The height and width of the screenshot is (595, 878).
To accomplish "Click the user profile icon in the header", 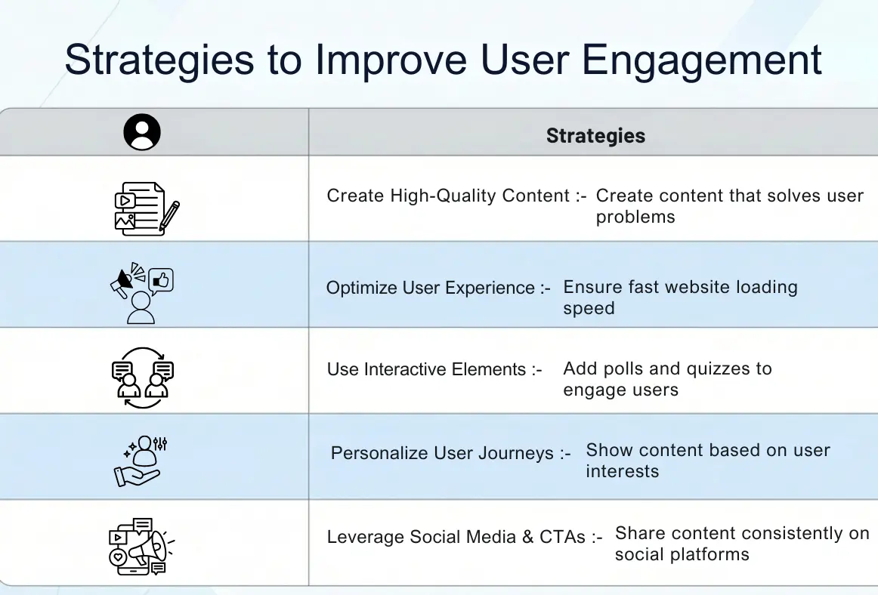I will (142, 133).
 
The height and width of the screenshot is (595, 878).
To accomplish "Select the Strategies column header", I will (595, 136).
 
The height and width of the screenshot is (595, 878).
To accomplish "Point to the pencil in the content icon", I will (169, 216).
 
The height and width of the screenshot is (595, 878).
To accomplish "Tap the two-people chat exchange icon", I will (142, 375).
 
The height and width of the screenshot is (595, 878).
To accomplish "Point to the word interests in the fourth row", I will (622, 472).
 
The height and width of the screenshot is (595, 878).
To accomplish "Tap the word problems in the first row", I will (635, 217).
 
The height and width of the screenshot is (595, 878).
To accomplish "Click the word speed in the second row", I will (589, 309).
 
